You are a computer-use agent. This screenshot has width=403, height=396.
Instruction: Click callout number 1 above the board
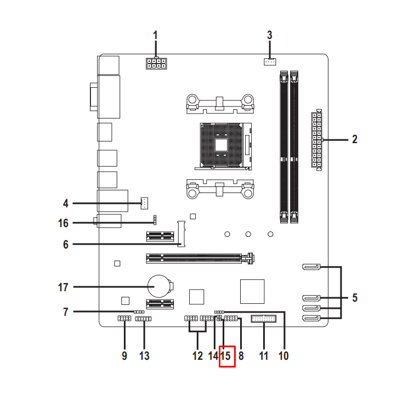(155, 35)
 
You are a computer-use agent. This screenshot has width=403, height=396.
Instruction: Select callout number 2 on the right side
(355, 139)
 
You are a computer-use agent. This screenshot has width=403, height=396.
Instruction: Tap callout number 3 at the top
(269, 35)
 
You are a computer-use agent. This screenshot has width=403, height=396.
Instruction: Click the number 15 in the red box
(227, 355)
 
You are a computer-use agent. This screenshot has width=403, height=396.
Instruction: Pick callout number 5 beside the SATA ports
(355, 298)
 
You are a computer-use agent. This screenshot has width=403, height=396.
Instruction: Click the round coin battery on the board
(158, 284)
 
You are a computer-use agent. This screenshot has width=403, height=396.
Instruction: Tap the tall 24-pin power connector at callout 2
(316, 140)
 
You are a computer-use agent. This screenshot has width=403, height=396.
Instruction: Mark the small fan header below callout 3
(269, 61)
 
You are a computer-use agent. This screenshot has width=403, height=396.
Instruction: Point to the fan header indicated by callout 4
(144, 203)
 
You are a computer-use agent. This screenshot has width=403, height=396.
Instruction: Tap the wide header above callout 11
(264, 319)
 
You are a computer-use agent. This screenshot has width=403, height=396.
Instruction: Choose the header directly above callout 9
(124, 319)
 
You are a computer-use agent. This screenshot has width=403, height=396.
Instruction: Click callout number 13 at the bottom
(144, 355)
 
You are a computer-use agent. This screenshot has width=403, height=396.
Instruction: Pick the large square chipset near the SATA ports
(252, 291)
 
